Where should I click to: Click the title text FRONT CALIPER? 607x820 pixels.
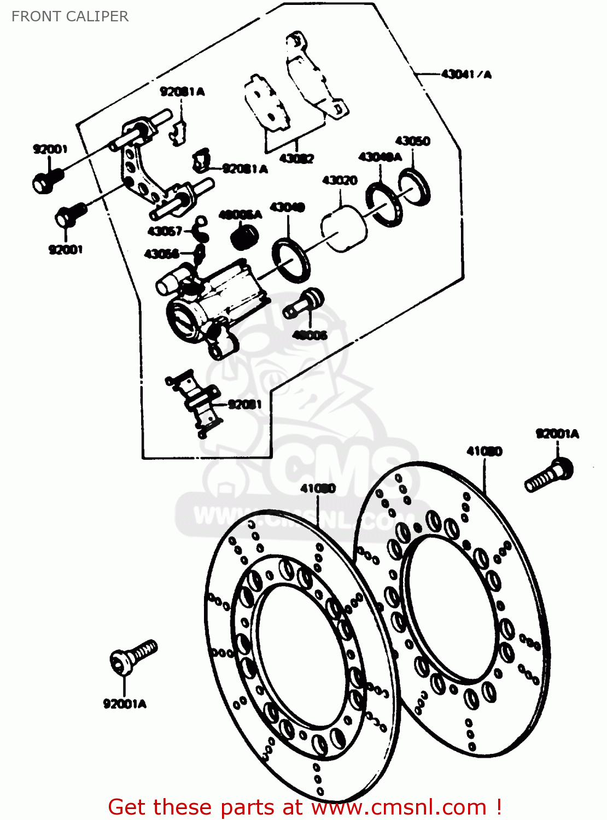click(x=70, y=16)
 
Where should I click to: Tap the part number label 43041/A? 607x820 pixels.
click(x=466, y=74)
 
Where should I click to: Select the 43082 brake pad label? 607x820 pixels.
click(x=296, y=159)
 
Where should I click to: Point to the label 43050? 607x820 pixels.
click(x=412, y=141)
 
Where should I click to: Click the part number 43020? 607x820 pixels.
click(x=340, y=180)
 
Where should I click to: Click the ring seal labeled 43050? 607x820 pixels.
click(x=415, y=187)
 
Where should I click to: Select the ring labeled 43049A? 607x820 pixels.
click(x=384, y=203)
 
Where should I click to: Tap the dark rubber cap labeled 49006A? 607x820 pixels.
click(x=244, y=237)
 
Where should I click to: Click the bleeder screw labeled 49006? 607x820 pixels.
click(x=304, y=304)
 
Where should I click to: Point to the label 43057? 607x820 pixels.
click(x=165, y=231)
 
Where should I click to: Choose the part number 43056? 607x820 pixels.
click(x=161, y=254)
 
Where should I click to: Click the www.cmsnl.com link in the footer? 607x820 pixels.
click(x=399, y=807)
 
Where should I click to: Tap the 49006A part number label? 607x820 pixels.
click(x=240, y=215)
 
